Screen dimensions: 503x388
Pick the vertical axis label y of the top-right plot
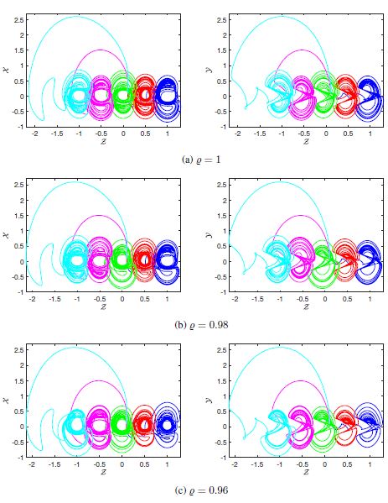210,71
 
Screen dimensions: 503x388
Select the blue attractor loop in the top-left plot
168,94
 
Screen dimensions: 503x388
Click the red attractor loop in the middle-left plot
145,260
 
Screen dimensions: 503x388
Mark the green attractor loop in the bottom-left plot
122,426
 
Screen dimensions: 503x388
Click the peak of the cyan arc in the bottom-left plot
77,347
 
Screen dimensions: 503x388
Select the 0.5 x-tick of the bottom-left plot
145,464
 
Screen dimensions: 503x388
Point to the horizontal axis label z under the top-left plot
101,142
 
